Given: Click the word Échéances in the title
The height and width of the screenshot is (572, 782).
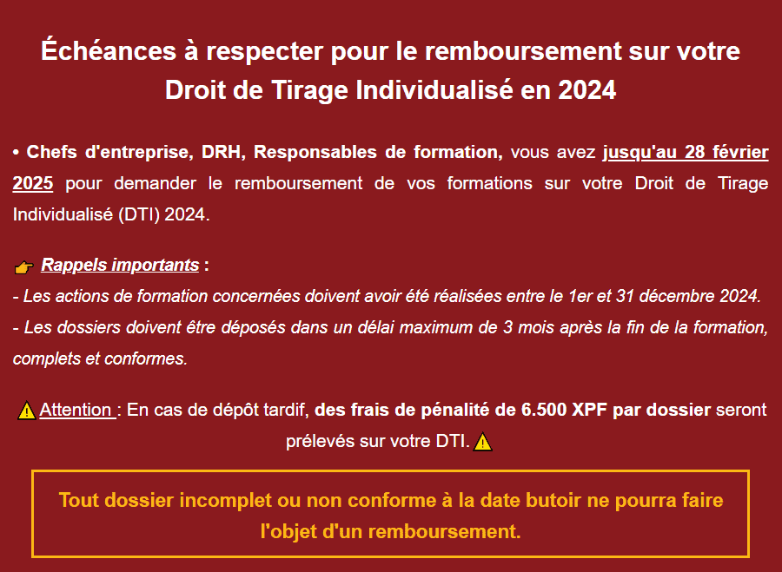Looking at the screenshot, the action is (x=109, y=50).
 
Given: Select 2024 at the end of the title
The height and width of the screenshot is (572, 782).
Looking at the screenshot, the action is (x=587, y=90).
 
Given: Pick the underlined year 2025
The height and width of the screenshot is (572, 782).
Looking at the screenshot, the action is (x=33, y=183).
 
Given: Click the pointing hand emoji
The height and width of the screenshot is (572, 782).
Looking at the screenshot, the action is (x=24, y=267).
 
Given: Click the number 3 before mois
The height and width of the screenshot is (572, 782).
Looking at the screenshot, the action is (x=507, y=327).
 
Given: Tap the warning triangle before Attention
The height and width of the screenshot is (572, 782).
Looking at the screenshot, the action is (x=26, y=411).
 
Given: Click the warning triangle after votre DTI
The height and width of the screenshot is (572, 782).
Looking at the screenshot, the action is (x=483, y=442).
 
